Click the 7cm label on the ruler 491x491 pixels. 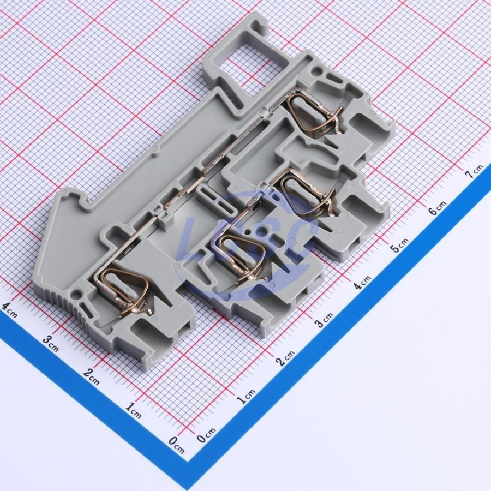476,171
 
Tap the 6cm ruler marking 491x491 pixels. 437,207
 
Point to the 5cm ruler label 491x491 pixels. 399,244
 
